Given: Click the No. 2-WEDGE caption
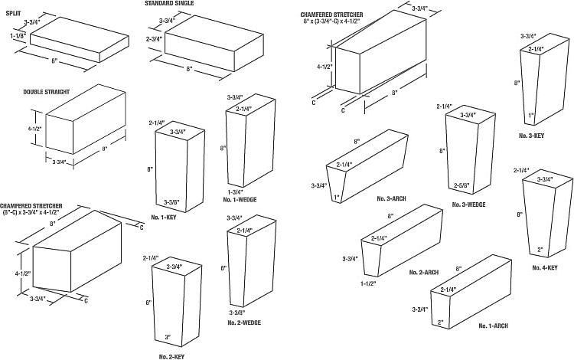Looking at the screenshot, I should pos(243,322).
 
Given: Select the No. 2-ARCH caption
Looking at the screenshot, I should pos(423,273).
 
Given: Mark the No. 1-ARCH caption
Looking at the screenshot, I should pos(494,325).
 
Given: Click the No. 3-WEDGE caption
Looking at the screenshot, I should pos(468,205).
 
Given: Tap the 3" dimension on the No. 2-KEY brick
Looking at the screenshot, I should pos(168,337).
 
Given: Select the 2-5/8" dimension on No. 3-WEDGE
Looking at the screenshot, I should pos(461,185).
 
